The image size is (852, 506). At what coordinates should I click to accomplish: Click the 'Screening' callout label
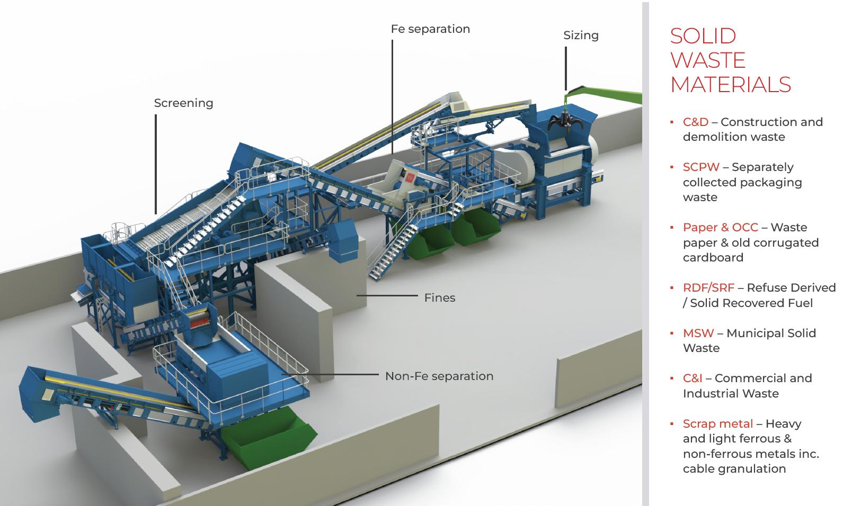pos(183,103)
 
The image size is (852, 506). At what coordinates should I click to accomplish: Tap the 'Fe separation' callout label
pos(430,29)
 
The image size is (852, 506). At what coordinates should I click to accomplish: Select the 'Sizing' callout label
pos(581,35)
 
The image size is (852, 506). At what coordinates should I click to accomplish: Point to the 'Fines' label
pos(439,297)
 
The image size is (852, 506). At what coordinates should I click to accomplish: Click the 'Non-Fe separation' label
pos(439,376)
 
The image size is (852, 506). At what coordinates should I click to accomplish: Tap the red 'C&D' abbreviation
pos(695,122)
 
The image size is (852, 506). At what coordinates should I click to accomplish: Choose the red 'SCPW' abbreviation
pos(701,167)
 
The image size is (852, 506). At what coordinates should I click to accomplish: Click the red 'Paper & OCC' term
pos(720,228)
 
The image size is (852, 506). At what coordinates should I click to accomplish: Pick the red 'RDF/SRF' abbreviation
pos(708,288)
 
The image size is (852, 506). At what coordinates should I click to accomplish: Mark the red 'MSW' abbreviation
pos(698,333)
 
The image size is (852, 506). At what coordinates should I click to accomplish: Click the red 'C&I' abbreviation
pos(692,378)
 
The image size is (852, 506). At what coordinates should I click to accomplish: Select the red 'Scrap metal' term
pos(717,424)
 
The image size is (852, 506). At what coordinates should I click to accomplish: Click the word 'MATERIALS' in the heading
pos(730,85)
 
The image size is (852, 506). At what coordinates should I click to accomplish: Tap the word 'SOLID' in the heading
pos(703,36)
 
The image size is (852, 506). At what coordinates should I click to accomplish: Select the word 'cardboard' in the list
pos(713,258)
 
